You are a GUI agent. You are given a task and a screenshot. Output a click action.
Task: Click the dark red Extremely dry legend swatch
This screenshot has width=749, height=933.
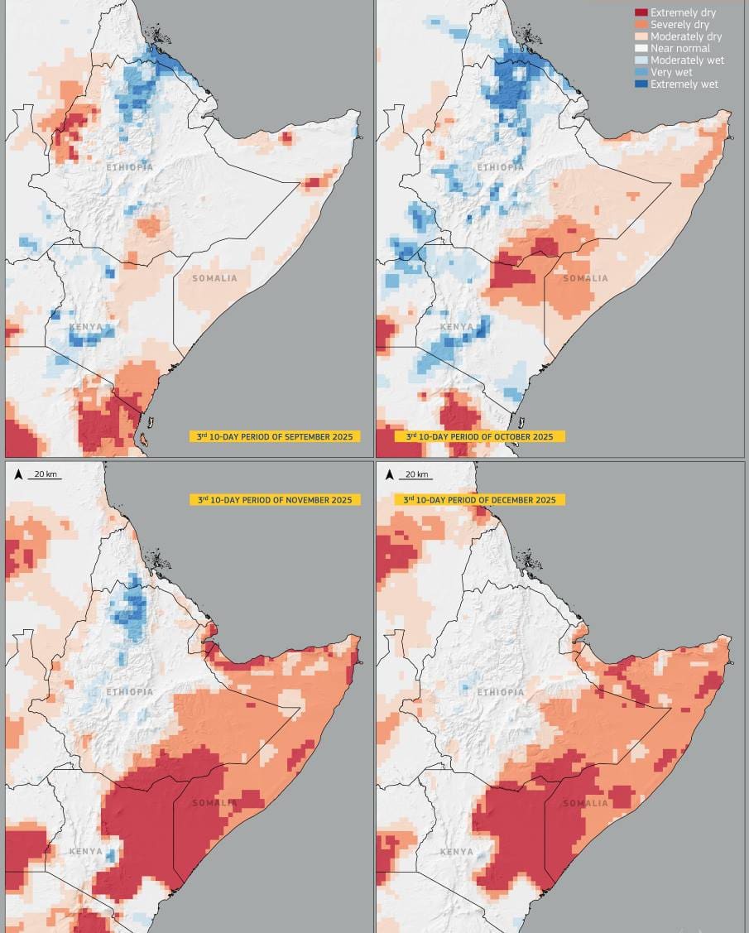[641, 12]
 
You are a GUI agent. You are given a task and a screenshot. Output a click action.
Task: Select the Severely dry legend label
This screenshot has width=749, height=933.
[679, 25]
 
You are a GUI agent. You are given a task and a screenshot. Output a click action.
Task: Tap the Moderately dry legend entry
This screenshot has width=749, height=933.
[685, 36]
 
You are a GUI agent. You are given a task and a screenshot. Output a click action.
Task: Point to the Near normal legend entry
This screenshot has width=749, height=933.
[679, 48]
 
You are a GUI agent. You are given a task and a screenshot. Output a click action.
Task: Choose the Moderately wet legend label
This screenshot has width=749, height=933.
[687, 60]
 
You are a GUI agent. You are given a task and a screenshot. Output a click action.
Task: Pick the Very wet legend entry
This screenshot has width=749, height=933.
[671, 72]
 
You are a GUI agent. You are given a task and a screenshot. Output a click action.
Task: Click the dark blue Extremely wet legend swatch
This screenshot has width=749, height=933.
[641, 84]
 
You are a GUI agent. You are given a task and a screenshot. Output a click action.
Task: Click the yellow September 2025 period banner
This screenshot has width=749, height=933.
[275, 436]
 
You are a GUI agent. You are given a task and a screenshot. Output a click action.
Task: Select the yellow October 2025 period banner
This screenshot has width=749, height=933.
[479, 436]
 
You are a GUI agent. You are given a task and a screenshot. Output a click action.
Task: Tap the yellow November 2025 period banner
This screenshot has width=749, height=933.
[275, 500]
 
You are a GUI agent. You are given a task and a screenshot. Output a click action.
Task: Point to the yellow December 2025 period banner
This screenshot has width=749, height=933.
[479, 500]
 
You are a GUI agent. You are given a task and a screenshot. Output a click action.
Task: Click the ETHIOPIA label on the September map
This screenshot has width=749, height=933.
[130, 167]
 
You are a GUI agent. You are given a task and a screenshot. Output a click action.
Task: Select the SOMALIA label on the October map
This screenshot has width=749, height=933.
[585, 278]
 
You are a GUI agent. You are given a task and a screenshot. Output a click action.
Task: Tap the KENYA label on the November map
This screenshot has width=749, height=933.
[86, 851]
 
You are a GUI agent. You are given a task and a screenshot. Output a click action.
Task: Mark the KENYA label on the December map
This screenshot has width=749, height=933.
[457, 851]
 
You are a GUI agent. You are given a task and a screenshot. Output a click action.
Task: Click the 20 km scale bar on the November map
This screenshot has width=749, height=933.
[45, 475]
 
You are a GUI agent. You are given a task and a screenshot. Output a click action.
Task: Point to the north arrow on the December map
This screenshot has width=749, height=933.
[389, 474]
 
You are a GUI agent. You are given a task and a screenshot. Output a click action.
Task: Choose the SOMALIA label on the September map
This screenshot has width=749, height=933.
[214, 278]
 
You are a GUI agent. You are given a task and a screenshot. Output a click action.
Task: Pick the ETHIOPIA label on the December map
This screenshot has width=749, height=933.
[501, 692]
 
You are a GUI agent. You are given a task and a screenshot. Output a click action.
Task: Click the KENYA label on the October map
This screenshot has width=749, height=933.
[457, 327]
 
